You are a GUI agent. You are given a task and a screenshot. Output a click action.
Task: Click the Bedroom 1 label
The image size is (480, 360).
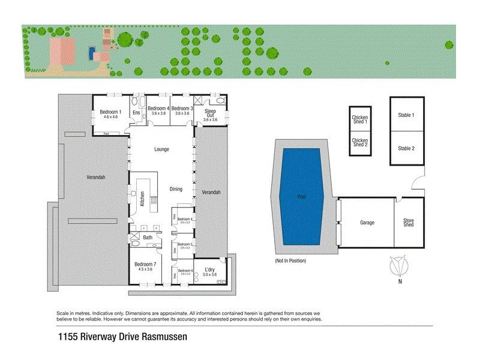pyautogui.click(x=110, y=112)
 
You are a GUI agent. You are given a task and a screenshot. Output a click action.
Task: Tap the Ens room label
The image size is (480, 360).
pyautogui.click(x=136, y=112)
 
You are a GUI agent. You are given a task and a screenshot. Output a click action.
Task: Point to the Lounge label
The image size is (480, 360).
pyautogui.click(x=161, y=149)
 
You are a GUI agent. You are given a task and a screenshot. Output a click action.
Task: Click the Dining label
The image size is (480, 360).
pyautogui.click(x=176, y=189)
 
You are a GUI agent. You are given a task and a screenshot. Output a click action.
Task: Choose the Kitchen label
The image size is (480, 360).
pyautogui.click(x=142, y=199)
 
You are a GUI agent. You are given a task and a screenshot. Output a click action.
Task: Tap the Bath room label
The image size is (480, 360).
pyautogui.click(x=148, y=238)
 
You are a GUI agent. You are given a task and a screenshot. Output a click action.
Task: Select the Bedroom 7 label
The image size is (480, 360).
pyautogui.click(x=145, y=265)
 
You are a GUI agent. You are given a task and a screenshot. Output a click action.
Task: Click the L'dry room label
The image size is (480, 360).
pyautogui.click(x=209, y=269)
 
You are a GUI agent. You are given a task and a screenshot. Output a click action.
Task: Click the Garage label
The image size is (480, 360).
pyautogui.click(x=367, y=223)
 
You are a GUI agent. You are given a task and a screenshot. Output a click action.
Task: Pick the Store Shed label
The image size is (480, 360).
pyautogui.click(x=408, y=223)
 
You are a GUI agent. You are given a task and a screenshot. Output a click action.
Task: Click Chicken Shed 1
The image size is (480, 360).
pyautogui.click(x=359, y=119)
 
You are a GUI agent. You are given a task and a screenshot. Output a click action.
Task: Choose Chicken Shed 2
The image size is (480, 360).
pyautogui.click(x=359, y=142)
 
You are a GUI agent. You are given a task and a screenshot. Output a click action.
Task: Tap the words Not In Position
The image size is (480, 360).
pyautogui.click(x=290, y=261)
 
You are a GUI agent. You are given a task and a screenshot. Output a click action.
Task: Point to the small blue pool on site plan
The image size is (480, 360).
pyautogui.click(x=91, y=53)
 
